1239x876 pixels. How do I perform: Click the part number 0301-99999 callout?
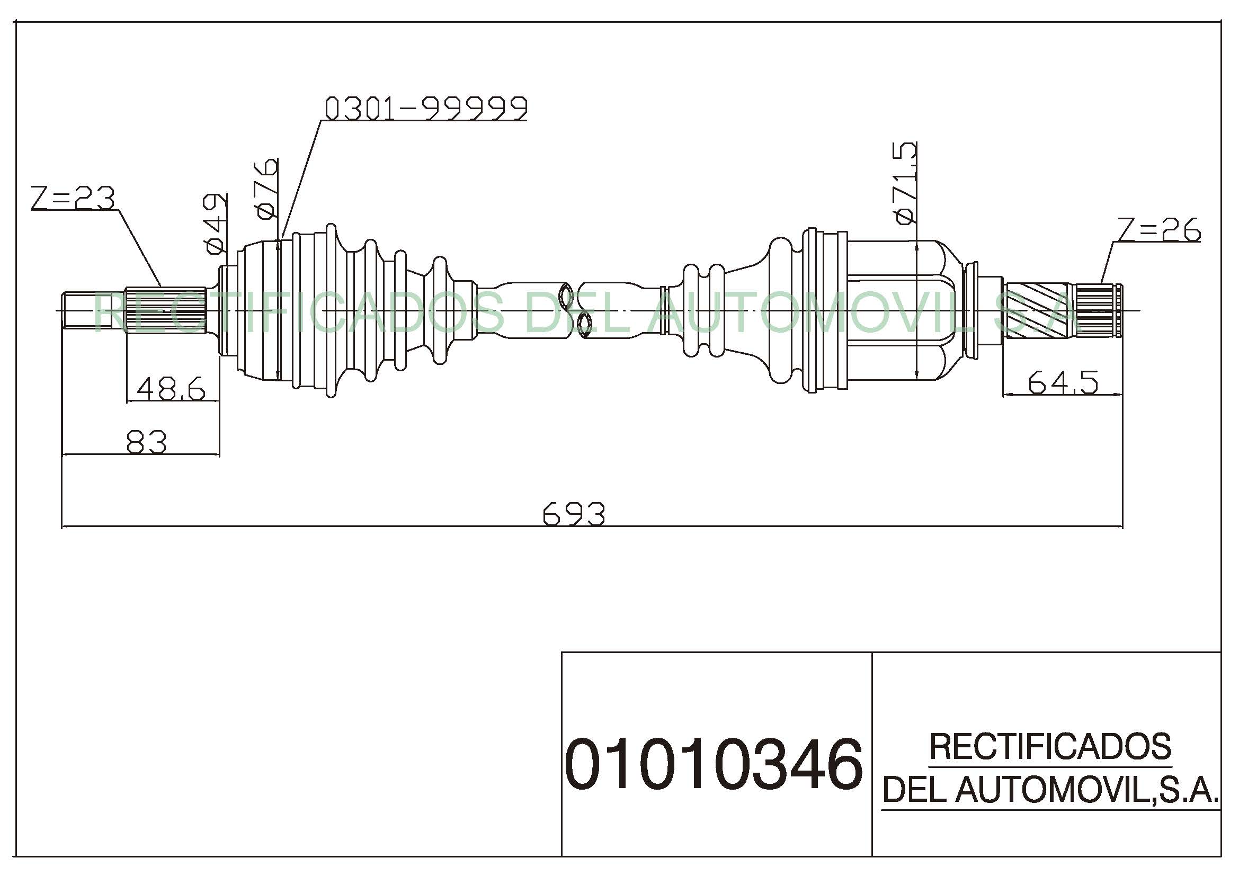click(x=426, y=109)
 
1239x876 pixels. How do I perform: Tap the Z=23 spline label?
click(x=73, y=198)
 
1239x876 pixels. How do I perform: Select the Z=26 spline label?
click(x=1159, y=229)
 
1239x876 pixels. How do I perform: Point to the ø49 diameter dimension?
click(x=215, y=224)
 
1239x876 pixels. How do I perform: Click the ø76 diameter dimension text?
click(x=267, y=189)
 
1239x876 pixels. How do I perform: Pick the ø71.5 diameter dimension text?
click(x=905, y=182)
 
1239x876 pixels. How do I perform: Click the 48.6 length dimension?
click(x=171, y=388)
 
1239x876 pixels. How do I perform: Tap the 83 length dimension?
click(x=146, y=442)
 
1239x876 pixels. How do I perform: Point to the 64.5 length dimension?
click(x=1063, y=382)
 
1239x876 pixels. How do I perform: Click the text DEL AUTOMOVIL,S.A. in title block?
click(x=1050, y=789)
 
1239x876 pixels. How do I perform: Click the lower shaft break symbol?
click(x=584, y=325)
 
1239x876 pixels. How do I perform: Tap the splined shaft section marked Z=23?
click(x=166, y=311)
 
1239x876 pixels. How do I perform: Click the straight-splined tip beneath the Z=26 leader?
click(x=1098, y=311)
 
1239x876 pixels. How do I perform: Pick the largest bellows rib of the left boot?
click(x=331, y=310)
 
